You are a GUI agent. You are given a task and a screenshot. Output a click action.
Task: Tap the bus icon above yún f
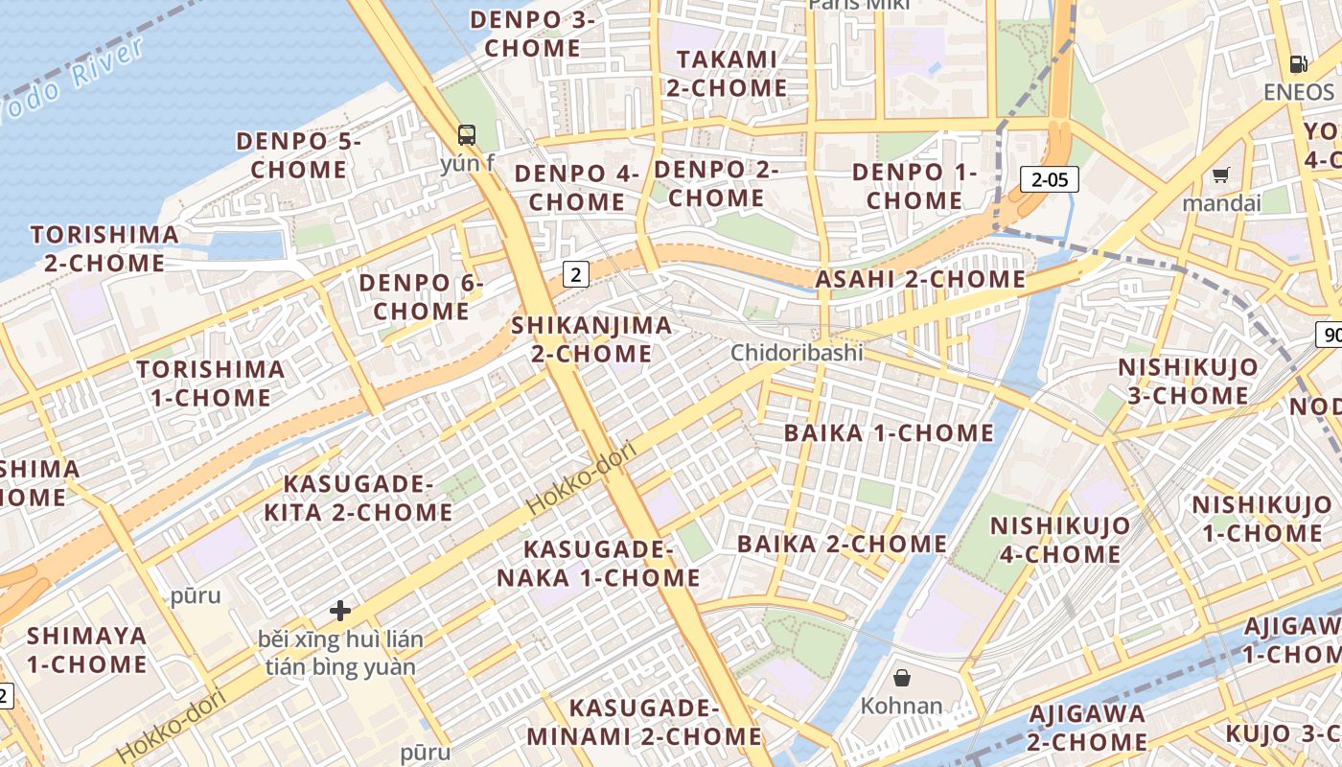[467, 135]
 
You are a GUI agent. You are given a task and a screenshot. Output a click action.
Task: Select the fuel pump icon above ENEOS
[1299, 64]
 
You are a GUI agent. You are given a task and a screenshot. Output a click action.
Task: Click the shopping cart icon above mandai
[1220, 175]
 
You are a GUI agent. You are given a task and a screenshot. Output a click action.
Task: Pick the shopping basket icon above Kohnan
[902, 679]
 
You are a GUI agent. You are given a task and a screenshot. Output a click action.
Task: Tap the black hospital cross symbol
[340, 610]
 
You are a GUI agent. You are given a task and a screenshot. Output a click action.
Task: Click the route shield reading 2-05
[1050, 179]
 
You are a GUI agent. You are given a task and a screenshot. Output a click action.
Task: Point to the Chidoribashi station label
[797, 353]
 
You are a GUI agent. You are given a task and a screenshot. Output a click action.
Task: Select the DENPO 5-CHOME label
[298, 155]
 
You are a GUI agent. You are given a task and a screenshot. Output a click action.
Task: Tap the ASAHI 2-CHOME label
[920, 280]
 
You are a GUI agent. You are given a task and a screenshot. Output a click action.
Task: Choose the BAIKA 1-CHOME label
[889, 433]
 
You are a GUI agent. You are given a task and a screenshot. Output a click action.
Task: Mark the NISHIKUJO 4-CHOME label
[1059, 540]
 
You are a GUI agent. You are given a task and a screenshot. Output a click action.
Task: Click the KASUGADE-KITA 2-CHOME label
[358, 498]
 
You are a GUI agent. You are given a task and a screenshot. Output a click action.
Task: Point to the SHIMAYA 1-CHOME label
[86, 650]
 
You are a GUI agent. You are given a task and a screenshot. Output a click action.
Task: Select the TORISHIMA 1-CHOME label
[210, 383]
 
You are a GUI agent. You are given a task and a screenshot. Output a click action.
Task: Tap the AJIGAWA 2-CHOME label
[1087, 728]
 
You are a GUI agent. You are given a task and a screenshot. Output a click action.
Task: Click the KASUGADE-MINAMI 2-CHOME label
[643, 723]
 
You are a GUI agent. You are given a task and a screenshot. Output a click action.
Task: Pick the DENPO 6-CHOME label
[421, 297]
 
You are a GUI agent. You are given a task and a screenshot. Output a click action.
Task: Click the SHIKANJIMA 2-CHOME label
[591, 339]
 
